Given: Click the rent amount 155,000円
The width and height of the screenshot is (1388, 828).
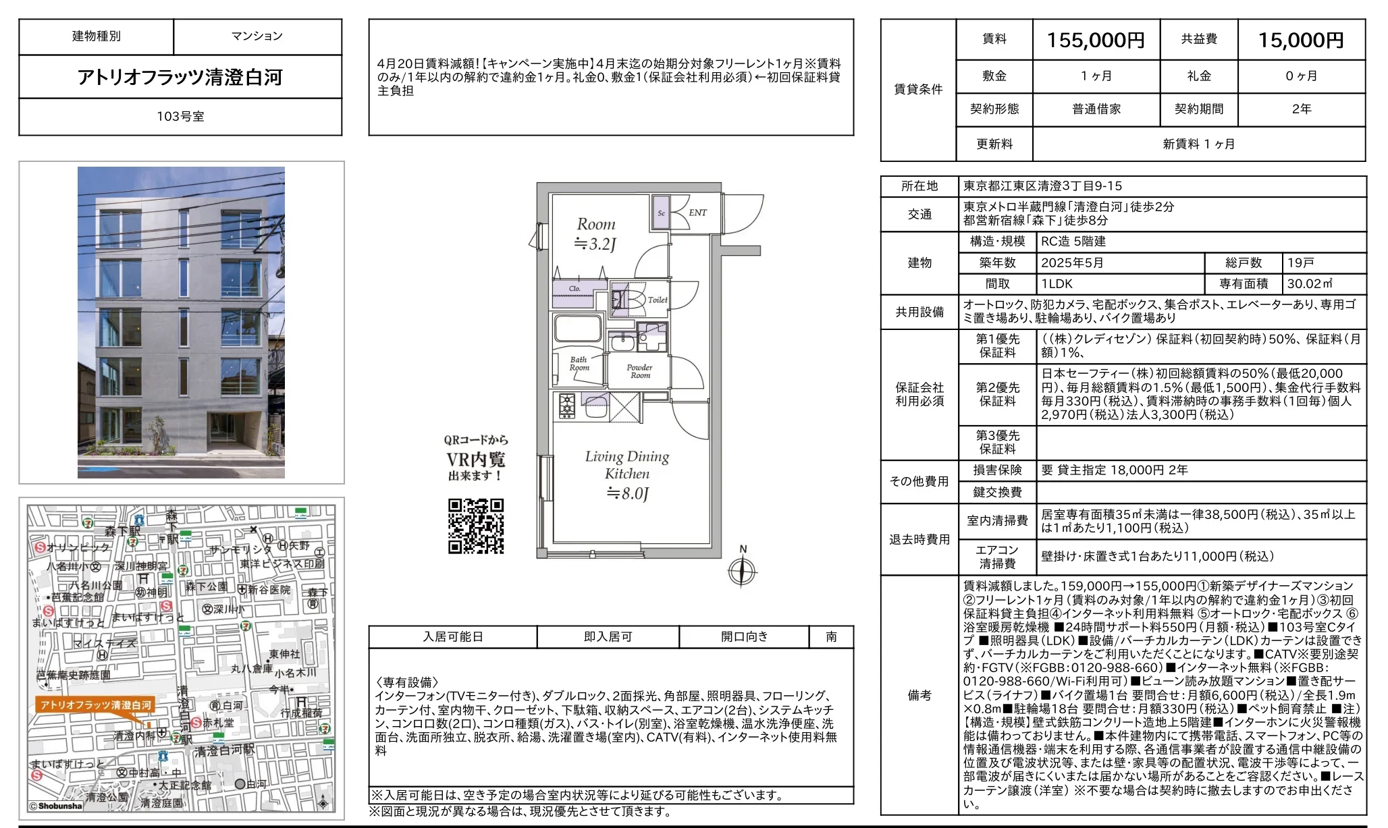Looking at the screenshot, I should [1095, 40].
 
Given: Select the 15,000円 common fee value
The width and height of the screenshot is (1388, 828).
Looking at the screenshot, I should [1300, 40].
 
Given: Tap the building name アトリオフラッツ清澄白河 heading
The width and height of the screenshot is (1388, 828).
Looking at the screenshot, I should [180, 77].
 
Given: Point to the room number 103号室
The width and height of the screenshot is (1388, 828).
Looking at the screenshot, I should [180, 117].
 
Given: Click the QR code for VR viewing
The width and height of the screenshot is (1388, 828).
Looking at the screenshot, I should [476, 526].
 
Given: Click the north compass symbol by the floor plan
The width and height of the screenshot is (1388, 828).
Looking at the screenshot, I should [742, 572].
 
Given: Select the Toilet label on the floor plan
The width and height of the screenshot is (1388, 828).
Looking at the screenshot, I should [658, 300].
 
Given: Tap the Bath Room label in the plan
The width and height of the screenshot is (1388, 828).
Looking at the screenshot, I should [579, 364].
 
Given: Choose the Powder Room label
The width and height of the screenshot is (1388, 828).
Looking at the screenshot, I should [639, 371].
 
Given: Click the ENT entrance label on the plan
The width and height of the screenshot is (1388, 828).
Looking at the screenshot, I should [697, 213].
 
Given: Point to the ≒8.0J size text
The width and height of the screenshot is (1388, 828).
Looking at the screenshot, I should [627, 494].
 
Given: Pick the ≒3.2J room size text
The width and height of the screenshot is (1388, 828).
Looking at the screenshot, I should [595, 244].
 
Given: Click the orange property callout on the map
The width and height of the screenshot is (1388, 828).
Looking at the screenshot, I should [96, 705].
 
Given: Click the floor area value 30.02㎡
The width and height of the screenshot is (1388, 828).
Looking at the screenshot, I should [1309, 284].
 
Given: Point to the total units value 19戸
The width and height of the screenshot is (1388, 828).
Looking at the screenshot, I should [1300, 263].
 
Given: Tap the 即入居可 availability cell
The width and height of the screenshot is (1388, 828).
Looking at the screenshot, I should [608, 637].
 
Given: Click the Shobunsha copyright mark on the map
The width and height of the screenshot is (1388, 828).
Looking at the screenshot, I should [57, 806].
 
